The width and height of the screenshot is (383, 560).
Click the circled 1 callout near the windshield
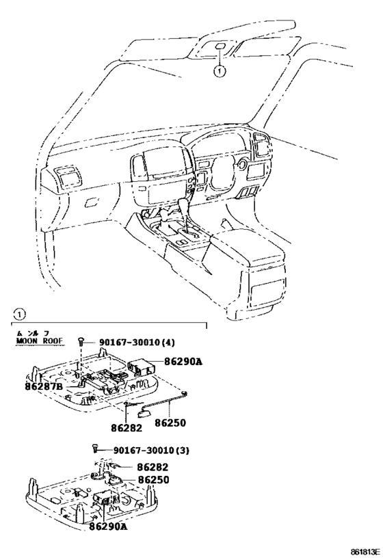(219, 70)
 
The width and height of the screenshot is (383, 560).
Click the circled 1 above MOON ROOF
(20, 315)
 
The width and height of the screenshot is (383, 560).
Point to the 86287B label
(44, 386)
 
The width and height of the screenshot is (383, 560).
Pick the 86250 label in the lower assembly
(153, 480)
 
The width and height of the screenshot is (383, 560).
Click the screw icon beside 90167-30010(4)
(81, 341)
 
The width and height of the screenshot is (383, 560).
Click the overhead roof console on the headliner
(220, 49)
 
